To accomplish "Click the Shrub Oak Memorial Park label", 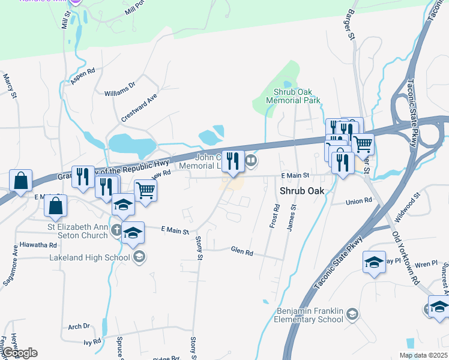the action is coord(297,96).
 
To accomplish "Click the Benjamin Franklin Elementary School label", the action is coord(310,315).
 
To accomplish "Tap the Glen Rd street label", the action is coord(242,252).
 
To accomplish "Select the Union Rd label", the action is coord(359,202).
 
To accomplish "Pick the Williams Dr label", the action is coord(116,91).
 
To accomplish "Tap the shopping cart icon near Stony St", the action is coord(145,191).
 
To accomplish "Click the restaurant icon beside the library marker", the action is coord(233,160).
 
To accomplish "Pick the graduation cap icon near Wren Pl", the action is coord(374,262).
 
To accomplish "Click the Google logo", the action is coord(19,353).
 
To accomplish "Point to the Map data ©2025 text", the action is coord(423,355).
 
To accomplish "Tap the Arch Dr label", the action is coord(79,326).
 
